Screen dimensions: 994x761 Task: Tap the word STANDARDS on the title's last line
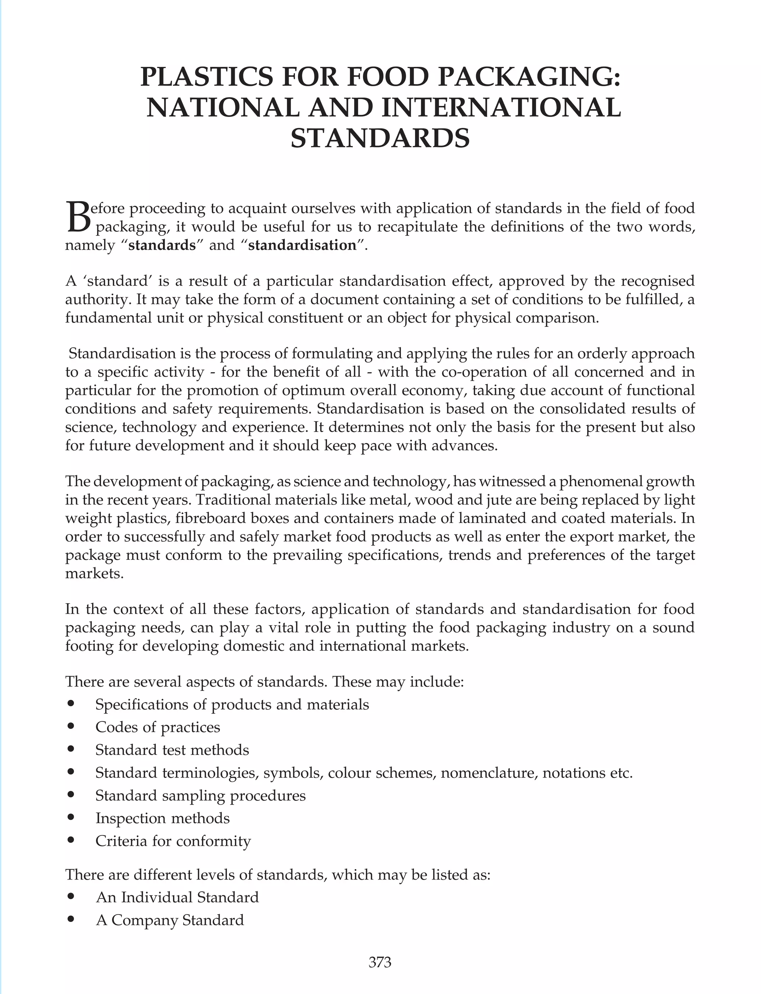tap(380, 138)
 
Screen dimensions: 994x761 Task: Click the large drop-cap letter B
tap(78, 218)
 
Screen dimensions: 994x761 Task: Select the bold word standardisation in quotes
tap(302, 245)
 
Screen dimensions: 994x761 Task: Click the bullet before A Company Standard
tap(70, 919)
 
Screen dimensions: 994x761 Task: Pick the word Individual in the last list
tap(158, 897)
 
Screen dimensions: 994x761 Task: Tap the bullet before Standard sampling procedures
tap(70, 795)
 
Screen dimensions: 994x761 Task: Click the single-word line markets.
tap(94, 573)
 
